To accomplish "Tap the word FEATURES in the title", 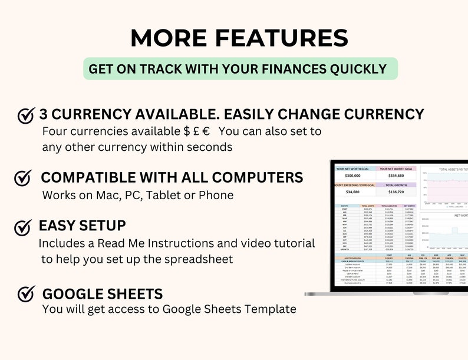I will point(284,38).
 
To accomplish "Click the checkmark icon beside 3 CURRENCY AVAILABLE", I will point(26,116).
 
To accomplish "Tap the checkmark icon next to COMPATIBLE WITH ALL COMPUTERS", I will point(24,178).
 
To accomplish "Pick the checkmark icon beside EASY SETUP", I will point(24,227).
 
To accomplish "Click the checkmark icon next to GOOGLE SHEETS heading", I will point(26,295).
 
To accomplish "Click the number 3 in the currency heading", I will point(44,114).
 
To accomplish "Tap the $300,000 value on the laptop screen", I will point(353,175).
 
